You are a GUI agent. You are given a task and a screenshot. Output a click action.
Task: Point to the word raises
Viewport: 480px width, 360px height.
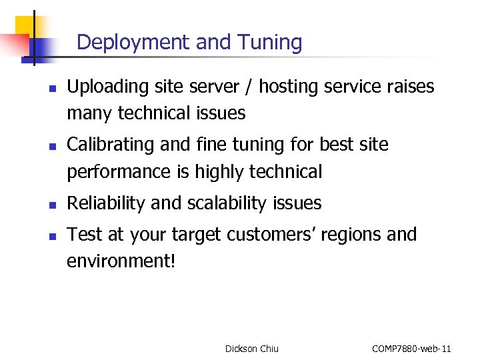(410, 87)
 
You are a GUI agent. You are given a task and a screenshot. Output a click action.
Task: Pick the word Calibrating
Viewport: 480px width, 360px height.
(109, 145)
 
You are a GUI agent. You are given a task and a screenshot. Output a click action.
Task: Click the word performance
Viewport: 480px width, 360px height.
(119, 173)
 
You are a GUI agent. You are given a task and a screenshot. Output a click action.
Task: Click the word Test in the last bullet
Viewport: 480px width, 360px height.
(83, 235)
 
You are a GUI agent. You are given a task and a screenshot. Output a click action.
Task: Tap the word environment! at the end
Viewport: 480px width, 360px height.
(121, 261)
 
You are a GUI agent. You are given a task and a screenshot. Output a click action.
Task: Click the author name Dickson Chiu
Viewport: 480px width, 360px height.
(251, 348)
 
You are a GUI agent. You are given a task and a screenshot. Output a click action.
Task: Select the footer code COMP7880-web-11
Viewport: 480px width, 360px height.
(411, 348)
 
